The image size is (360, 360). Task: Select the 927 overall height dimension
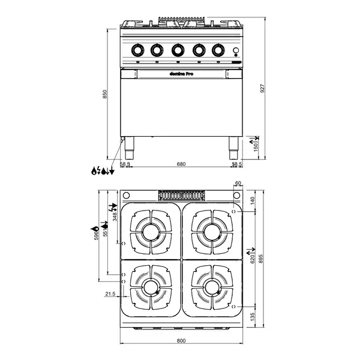[262, 87]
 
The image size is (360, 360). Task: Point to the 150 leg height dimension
[256, 146]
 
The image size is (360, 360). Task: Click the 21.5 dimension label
[109, 294]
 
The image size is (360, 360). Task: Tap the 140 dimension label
[253, 200]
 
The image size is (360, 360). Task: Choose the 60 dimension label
[238, 184]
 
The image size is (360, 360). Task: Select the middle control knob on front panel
[178, 50]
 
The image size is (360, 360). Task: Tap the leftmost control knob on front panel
[137, 50]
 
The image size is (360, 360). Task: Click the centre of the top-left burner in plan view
[151, 230]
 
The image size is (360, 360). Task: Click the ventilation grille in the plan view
[181, 195]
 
